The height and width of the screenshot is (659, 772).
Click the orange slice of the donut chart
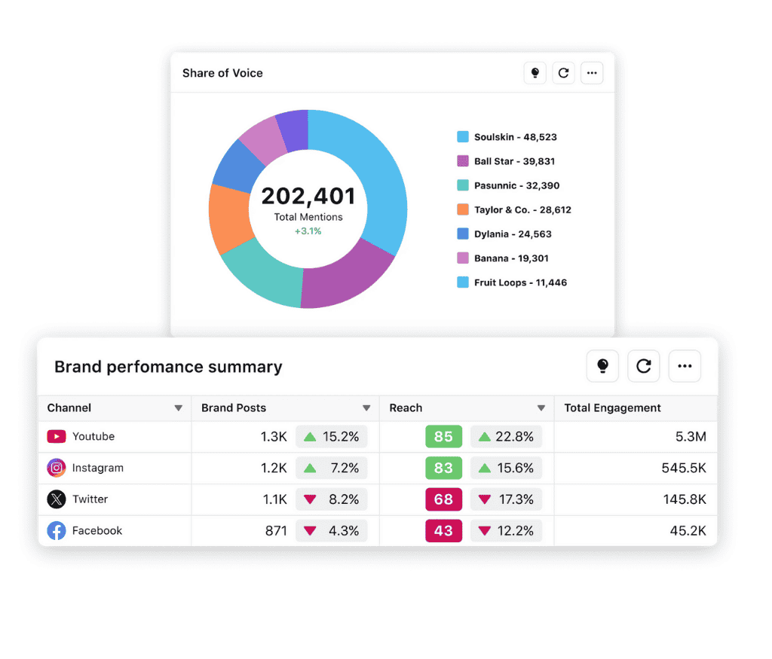coord(229,218)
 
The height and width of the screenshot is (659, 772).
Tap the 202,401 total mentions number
coord(308,197)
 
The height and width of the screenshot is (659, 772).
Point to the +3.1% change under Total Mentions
coord(308,231)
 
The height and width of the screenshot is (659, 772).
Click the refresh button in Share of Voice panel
coord(563,73)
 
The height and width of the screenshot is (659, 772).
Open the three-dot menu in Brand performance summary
coord(685,366)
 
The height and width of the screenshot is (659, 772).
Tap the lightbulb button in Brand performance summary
coord(602,366)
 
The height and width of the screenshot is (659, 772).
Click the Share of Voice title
coord(222,73)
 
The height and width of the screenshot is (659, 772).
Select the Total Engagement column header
coord(612,408)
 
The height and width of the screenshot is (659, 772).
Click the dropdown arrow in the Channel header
coord(179,408)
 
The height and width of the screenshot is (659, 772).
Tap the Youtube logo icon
coord(57,437)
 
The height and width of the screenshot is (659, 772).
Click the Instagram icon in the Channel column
coord(57,468)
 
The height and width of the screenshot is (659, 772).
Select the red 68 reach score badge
coord(443,499)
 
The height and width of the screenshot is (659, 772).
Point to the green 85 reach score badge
coord(443,437)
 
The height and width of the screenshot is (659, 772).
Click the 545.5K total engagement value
coord(684,468)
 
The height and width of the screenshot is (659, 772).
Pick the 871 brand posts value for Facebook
coord(276,531)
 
